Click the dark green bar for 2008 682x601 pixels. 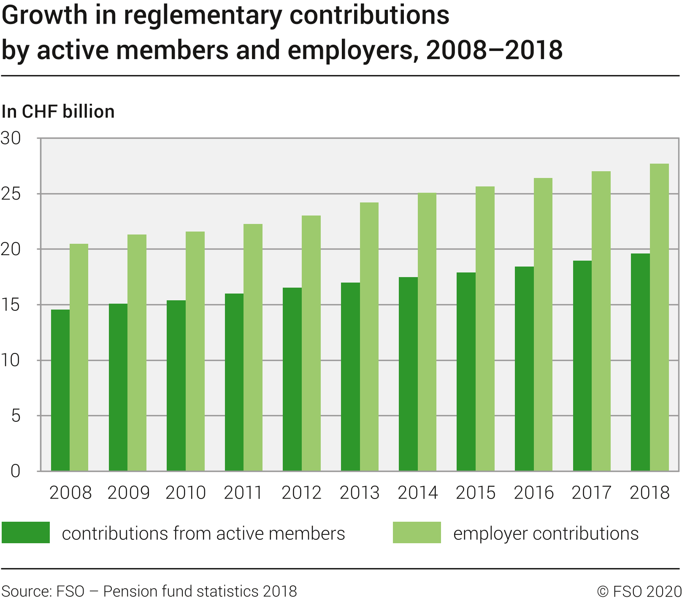click(x=60, y=390)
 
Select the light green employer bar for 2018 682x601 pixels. click(x=659, y=317)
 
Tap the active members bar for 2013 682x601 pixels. click(x=350, y=377)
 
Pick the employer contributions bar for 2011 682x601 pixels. click(x=253, y=348)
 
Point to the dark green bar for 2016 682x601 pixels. click(x=524, y=369)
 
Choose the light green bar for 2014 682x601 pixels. click(x=427, y=332)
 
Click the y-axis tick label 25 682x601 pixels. click(x=11, y=194)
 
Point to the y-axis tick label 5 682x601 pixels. click(x=16, y=416)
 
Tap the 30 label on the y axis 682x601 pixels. click(x=11, y=138)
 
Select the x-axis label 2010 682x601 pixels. click(x=186, y=493)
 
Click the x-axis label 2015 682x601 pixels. click(x=476, y=493)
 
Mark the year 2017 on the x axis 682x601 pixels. click(x=592, y=493)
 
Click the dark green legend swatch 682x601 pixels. click(x=26, y=533)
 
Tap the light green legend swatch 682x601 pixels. click(x=417, y=533)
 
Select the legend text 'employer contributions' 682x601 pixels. click(x=546, y=534)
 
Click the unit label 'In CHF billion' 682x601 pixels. click(x=58, y=112)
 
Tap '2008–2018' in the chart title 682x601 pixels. click(x=494, y=50)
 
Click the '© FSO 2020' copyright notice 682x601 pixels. click(x=639, y=591)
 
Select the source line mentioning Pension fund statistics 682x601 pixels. click(x=149, y=591)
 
